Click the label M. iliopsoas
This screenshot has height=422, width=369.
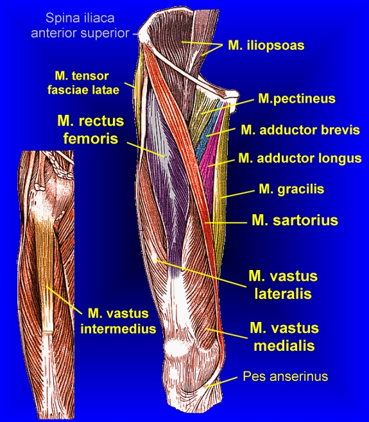click(266, 46)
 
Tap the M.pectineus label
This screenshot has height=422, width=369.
click(296, 99)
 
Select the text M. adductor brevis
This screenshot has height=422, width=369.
click(300, 130)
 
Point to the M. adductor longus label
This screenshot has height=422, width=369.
click(300, 158)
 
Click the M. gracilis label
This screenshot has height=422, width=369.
click(291, 189)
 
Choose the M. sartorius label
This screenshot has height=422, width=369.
click(295, 220)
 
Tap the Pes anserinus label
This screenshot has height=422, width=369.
click(285, 376)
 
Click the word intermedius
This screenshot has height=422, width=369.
click(118, 329)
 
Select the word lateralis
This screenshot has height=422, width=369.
click(283, 294)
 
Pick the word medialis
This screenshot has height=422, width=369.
click(284, 346)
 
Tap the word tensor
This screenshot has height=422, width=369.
click(90, 76)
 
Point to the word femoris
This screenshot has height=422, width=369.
click(90, 139)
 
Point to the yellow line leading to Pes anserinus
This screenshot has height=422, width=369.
click(221, 382)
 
